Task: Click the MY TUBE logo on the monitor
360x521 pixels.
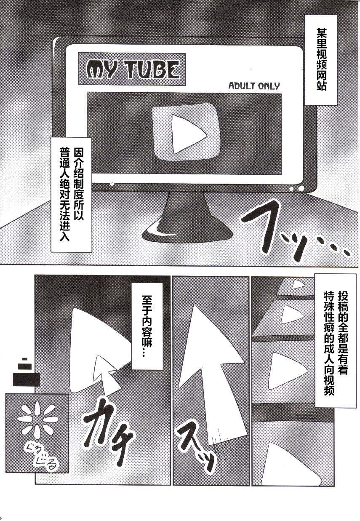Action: click(132, 69)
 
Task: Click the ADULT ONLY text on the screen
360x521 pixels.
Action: click(254, 86)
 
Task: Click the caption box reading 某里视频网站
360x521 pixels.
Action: click(321, 60)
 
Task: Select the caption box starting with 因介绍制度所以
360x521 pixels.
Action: click(71, 195)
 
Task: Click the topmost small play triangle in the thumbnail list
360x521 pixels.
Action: click(297, 285)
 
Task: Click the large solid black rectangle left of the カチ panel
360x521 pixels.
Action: click(26, 379)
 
